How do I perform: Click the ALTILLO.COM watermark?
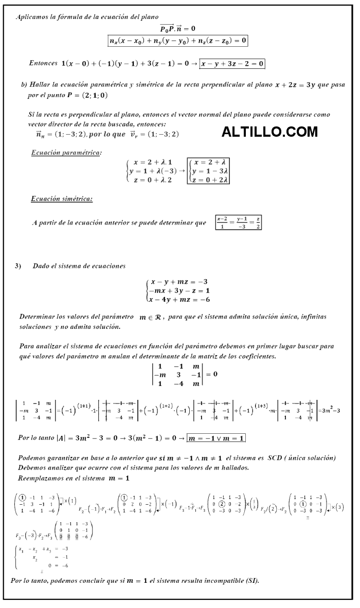(x=269, y=132)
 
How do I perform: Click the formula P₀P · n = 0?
(x=177, y=29)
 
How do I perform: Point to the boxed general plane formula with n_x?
(x=178, y=40)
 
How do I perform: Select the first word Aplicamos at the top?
(x=32, y=17)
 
